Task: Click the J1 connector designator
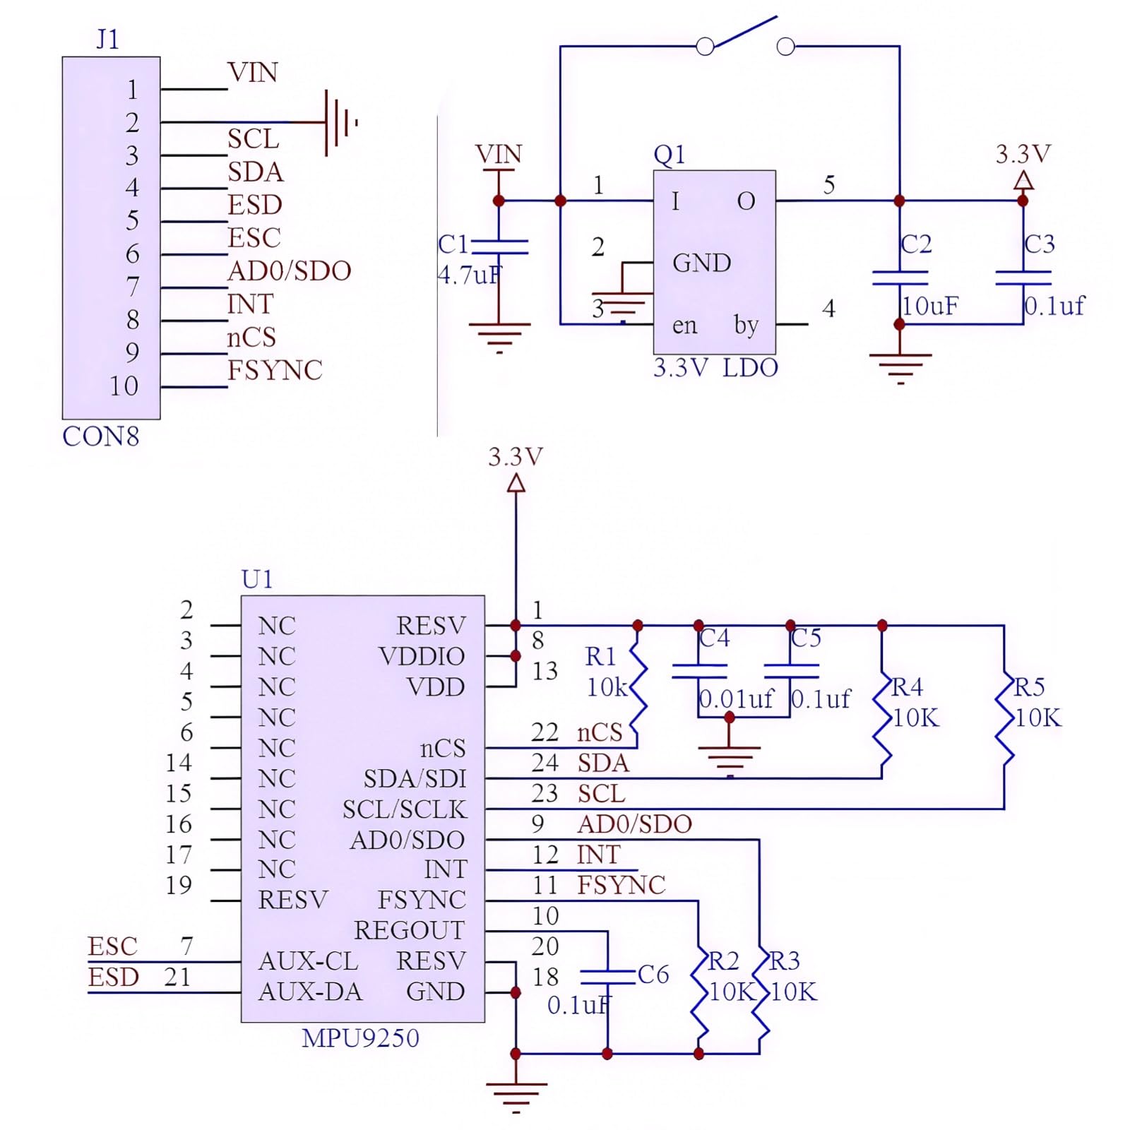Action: [107, 40]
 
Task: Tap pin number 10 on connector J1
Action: [124, 386]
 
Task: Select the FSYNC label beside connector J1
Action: [275, 370]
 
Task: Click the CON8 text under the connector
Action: [100, 436]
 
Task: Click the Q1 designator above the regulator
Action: [669, 154]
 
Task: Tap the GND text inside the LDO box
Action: [701, 263]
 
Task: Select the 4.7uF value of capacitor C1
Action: [470, 275]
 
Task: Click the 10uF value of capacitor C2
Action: [930, 306]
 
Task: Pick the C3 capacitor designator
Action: [1039, 244]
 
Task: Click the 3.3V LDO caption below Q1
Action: [715, 368]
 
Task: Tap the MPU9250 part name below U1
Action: [360, 1038]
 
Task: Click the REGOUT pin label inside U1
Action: [409, 930]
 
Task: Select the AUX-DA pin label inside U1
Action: [310, 992]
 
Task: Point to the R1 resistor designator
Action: [600, 657]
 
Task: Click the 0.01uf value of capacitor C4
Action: [736, 699]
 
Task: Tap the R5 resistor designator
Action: [1029, 686]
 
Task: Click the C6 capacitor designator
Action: [653, 975]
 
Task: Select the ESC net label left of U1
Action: [112, 946]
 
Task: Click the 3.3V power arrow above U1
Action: [516, 483]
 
